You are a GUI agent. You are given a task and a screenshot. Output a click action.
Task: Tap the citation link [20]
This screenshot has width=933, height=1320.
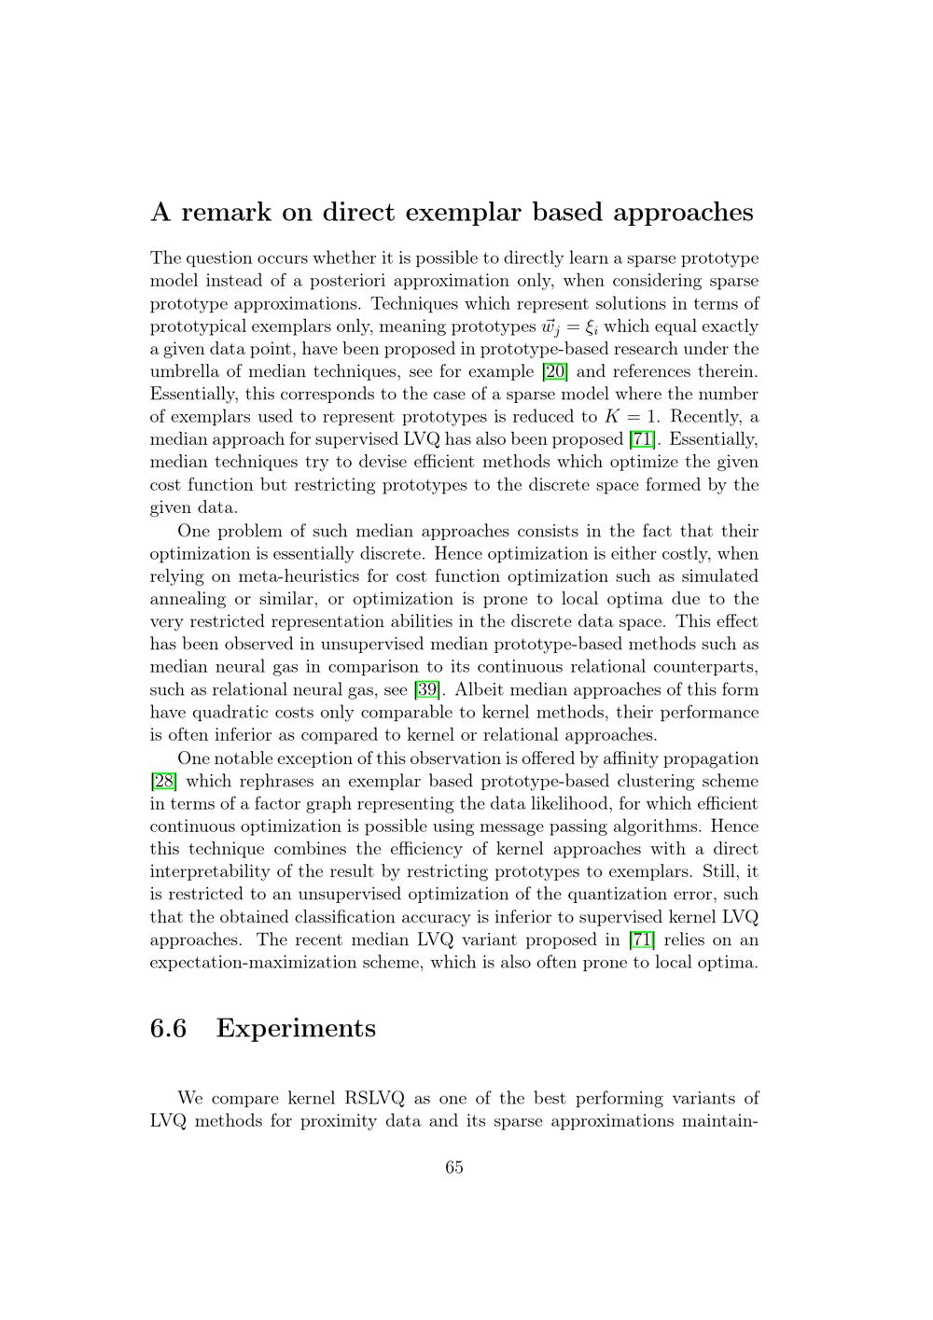pyautogui.click(x=555, y=371)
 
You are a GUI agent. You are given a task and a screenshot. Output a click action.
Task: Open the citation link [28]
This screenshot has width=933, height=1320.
pyautogui.click(x=163, y=781)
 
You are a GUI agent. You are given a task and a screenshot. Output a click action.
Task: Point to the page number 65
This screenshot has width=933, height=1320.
pyautogui.click(x=454, y=1167)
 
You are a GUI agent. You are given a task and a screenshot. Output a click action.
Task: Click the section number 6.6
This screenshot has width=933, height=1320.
pyautogui.click(x=168, y=1028)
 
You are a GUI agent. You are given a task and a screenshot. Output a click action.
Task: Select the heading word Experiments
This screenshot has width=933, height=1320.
pyautogui.click(x=296, y=1028)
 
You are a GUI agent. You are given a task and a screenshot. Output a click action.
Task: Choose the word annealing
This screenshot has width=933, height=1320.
pyautogui.click(x=187, y=599)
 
